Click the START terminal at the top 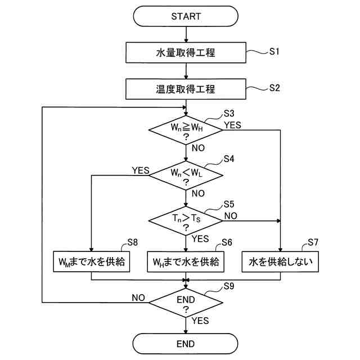click(x=186, y=16)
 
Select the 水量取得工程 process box click(x=186, y=52)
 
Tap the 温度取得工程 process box click(x=186, y=89)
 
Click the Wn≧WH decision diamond click(x=186, y=130)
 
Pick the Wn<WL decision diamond click(x=186, y=175)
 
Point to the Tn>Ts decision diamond click(x=186, y=221)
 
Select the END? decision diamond click(x=186, y=303)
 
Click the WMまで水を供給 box click(x=91, y=262)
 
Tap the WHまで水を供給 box click(x=186, y=262)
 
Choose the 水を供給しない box click(x=280, y=262)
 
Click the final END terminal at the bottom click(x=186, y=344)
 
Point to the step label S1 click(x=274, y=51)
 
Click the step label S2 click(x=274, y=88)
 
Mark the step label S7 click(x=313, y=242)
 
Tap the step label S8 click(x=133, y=242)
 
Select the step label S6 click(x=227, y=242)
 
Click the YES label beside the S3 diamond click(x=232, y=125)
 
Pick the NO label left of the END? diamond click(x=138, y=298)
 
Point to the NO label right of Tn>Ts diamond click(x=231, y=216)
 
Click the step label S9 click(x=229, y=286)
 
